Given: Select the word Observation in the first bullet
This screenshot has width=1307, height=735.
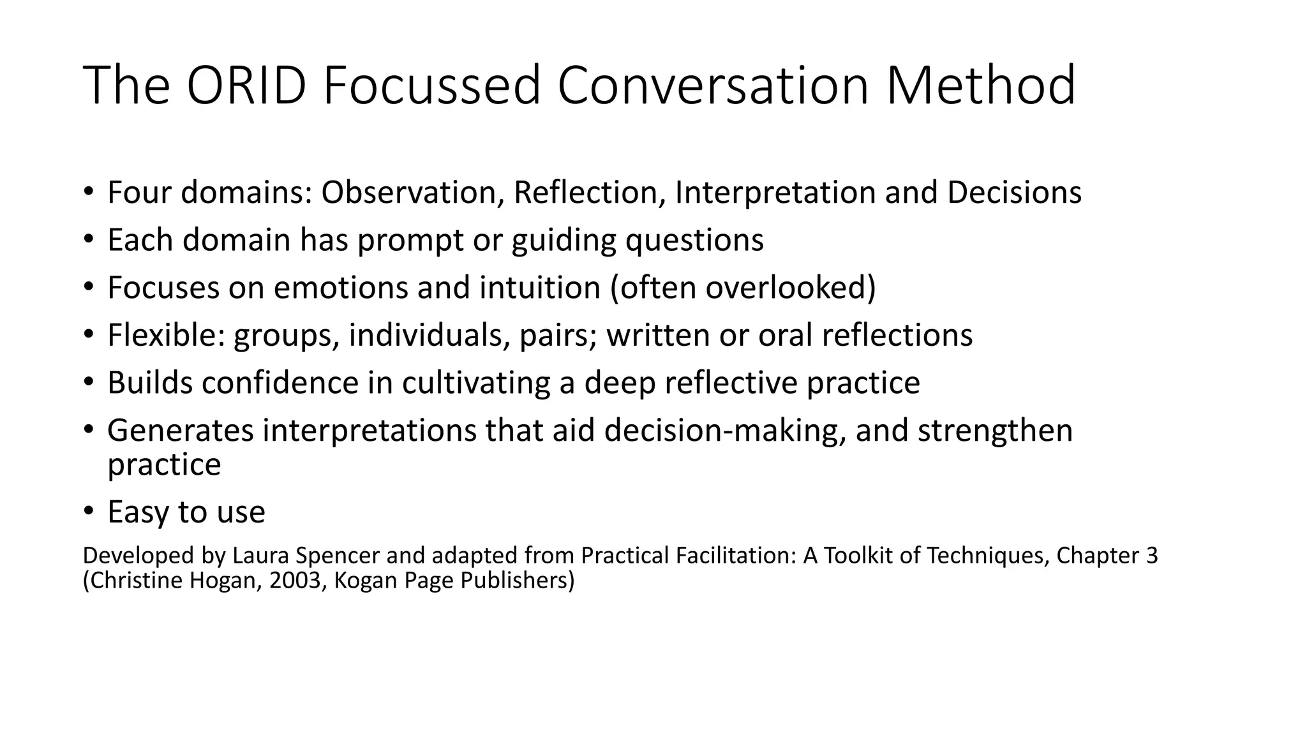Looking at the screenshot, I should [x=408, y=193].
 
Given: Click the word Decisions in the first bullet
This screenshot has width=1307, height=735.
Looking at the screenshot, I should [x=1014, y=193].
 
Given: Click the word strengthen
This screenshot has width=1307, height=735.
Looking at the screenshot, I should [x=995, y=431].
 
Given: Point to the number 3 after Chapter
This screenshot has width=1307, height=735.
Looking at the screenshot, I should [x=1151, y=556].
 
